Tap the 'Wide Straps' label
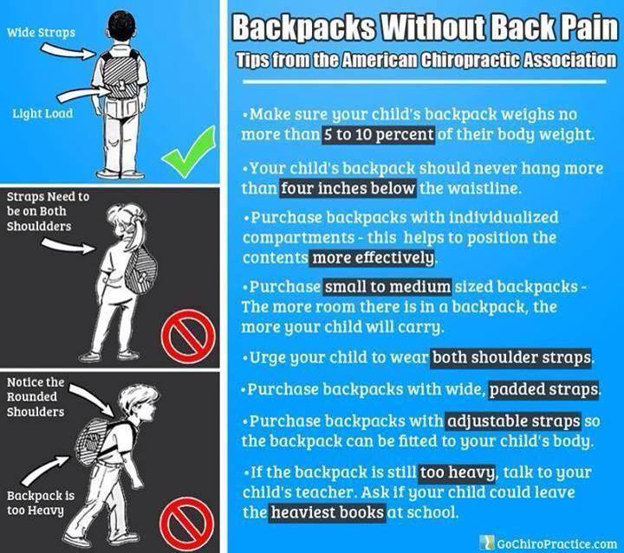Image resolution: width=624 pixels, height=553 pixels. pyautogui.click(x=41, y=32)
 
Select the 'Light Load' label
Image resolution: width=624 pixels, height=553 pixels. pyautogui.click(x=42, y=113)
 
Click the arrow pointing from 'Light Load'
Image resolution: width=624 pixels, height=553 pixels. pyautogui.click(x=83, y=94)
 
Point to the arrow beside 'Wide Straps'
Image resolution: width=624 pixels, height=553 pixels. pyautogui.click(x=68, y=52)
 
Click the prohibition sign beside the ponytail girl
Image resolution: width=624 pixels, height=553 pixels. pyautogui.click(x=188, y=337)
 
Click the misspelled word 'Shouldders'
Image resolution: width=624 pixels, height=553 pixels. pyautogui.click(x=39, y=227)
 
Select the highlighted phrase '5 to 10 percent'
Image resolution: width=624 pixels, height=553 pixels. pyautogui.click(x=378, y=135)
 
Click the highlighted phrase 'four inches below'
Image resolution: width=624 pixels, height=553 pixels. pyautogui.click(x=348, y=188)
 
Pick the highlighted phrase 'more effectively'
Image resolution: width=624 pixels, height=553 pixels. pyautogui.click(x=373, y=258)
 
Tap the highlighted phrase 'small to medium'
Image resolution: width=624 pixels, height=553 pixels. pyautogui.click(x=387, y=286)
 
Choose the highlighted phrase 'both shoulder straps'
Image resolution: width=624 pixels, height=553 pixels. pyautogui.click(x=511, y=357)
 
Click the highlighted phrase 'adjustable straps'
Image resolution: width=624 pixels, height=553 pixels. pyautogui.click(x=513, y=421)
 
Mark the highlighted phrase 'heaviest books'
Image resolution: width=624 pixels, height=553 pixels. pyautogui.click(x=328, y=512)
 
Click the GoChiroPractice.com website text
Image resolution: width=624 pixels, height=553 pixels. pyautogui.click(x=549, y=543)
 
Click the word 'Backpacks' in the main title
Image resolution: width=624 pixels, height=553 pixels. pyautogui.click(x=303, y=28)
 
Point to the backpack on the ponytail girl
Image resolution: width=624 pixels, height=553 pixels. pyautogui.click(x=141, y=270)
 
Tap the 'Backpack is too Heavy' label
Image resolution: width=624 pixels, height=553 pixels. pyautogui.click(x=41, y=503)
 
